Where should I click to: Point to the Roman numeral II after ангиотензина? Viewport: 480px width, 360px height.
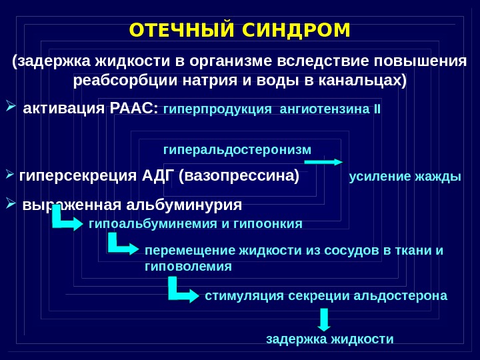378,108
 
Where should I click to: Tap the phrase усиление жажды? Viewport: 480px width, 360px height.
405,177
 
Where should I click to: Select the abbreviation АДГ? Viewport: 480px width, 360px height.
157,177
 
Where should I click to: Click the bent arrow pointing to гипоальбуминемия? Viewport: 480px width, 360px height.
66,218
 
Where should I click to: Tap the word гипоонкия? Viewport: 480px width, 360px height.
274,223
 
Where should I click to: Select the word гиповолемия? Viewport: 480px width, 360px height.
188,266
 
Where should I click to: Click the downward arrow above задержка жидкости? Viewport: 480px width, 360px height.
324,319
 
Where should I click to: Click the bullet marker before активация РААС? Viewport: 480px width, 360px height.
11,106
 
